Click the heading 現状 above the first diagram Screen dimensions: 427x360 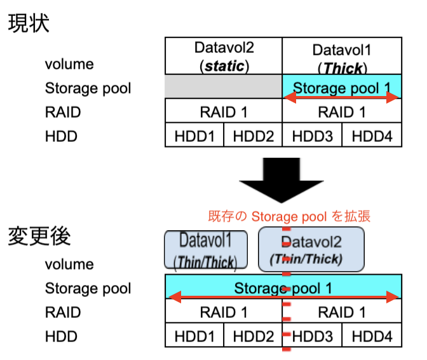pos(29,24)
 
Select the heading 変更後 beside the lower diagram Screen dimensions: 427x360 pos(39,236)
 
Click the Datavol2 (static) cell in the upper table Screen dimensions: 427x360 pos(224,56)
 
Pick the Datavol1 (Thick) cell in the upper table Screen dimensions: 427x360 pos(342,56)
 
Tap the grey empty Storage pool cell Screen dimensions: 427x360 pos(223,87)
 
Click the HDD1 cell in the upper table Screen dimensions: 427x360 pos(194,135)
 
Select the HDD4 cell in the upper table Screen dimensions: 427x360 pos(372,135)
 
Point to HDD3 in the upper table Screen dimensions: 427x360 pos(312,135)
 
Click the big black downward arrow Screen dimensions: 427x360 pos(281,180)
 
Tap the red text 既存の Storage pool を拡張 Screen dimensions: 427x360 pos(289,216)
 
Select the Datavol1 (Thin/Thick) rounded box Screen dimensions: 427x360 pos(206,250)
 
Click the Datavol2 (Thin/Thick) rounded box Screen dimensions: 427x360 pos(311,249)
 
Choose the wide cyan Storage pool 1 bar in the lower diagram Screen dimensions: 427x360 pos(283,286)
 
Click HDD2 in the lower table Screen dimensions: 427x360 pos(253,335)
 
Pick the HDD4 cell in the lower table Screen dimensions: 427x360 pos(372,335)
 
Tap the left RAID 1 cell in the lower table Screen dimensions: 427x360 pos(224,311)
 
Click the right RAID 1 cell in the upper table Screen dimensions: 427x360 pos(342,111)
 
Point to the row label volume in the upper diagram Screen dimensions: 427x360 pos(69,64)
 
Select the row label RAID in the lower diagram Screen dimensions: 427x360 pos(63,312)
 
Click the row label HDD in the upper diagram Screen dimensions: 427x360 pos(61,136)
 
